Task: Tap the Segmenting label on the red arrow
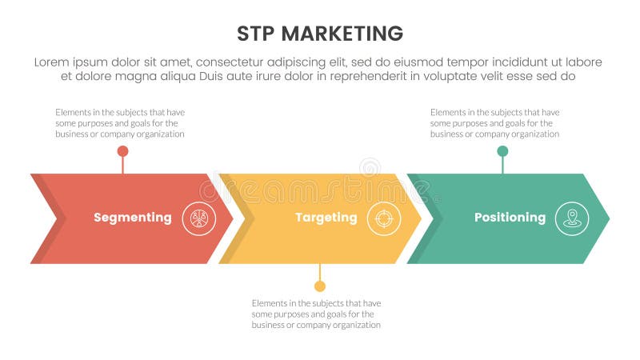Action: coord(132,218)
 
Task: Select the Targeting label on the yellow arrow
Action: coord(326,218)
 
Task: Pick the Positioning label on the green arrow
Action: coord(510,218)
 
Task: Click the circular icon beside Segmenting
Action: coord(198,218)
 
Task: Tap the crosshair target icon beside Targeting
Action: coord(384,218)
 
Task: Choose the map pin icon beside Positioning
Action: coord(572,218)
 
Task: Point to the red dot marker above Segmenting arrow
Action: coord(122,150)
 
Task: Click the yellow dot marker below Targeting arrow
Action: coord(320,286)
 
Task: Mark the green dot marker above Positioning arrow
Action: coord(502,150)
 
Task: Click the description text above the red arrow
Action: coord(120,123)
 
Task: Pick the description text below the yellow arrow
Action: coord(316,314)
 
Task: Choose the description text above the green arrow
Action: coord(494,123)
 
